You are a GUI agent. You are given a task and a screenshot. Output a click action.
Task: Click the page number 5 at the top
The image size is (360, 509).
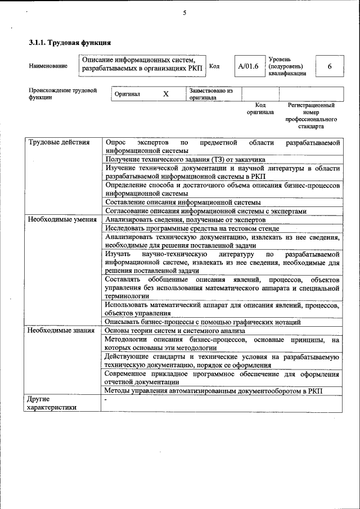click(x=184, y=13)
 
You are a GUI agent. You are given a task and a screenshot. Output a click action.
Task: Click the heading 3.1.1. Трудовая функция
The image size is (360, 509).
click(x=70, y=43)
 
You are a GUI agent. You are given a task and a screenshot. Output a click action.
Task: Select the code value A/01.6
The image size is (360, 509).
click(x=248, y=66)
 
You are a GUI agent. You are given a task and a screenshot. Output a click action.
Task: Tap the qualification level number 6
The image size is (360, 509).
click(x=329, y=66)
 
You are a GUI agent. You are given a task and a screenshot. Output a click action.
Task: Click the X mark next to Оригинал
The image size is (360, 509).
click(x=166, y=94)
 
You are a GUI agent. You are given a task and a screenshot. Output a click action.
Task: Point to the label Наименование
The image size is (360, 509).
click(x=48, y=66)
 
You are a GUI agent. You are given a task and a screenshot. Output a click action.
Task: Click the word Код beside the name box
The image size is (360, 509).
click(x=214, y=66)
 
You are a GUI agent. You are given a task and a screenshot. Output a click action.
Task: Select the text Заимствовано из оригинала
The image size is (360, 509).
click(x=211, y=93)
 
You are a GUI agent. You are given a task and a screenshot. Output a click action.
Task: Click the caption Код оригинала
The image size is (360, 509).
click(x=260, y=109)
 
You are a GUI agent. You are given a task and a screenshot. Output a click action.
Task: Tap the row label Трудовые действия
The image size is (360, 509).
click(x=59, y=142)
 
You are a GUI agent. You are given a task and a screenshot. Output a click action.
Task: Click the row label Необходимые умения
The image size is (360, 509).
click(x=62, y=219)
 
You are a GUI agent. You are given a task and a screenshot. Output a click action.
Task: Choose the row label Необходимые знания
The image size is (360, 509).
click(x=61, y=330)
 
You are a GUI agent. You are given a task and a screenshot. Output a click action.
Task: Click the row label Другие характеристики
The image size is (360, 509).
click(x=52, y=404)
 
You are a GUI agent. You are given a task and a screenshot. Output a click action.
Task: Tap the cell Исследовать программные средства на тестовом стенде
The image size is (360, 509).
click(x=192, y=228)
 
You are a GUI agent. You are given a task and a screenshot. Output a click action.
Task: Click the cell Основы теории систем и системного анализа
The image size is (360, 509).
click(x=175, y=331)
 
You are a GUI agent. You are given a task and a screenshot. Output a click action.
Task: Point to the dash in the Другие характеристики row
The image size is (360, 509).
click(x=106, y=399)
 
